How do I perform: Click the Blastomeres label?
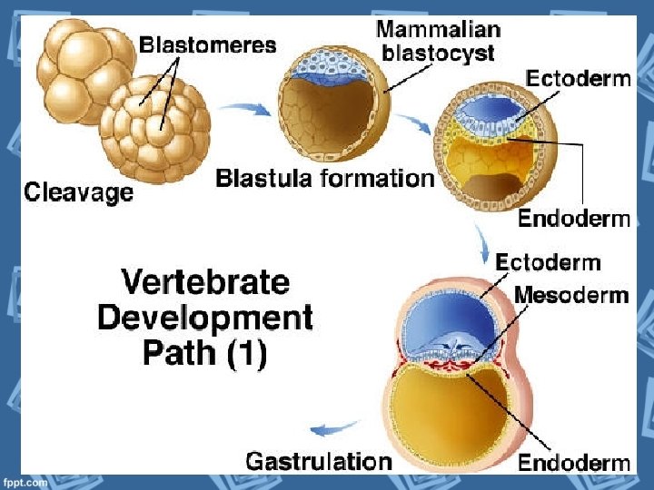pos(208,44)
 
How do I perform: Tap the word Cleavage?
pos(78,191)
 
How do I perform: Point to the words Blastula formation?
pos(324,178)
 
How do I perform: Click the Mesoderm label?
pos(571,295)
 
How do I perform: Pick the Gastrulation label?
pos(319,460)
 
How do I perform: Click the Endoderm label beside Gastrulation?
pos(573,463)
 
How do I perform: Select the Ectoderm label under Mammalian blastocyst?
pos(578,78)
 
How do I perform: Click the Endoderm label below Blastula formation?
pos(573,218)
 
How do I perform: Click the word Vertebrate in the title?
pos(205,282)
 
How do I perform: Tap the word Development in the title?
pos(205,318)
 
